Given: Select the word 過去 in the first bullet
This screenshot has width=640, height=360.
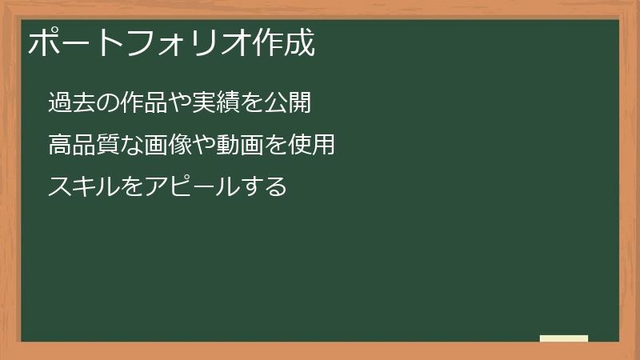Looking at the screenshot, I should click(x=70, y=103).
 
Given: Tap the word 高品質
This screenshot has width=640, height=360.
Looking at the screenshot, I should click(x=81, y=146).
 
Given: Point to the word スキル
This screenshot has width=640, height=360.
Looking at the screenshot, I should click(x=80, y=188).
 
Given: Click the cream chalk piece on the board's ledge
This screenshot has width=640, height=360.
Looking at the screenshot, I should click(x=564, y=338).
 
